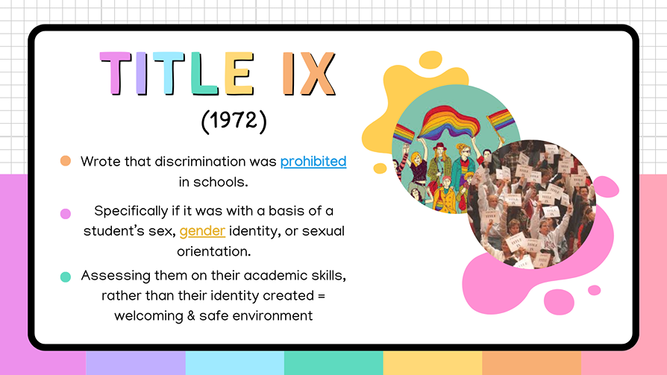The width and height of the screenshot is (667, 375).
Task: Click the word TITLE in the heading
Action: click(x=180, y=75)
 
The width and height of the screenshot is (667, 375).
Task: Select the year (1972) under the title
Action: click(x=234, y=122)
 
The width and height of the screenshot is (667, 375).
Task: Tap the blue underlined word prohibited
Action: click(x=313, y=161)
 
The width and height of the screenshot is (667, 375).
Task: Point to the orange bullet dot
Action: click(x=66, y=161)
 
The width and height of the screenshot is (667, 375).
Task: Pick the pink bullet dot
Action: click(x=66, y=213)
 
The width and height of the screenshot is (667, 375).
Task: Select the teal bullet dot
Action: click(x=66, y=277)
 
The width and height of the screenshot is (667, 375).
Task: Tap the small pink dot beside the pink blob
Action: click(x=594, y=290)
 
